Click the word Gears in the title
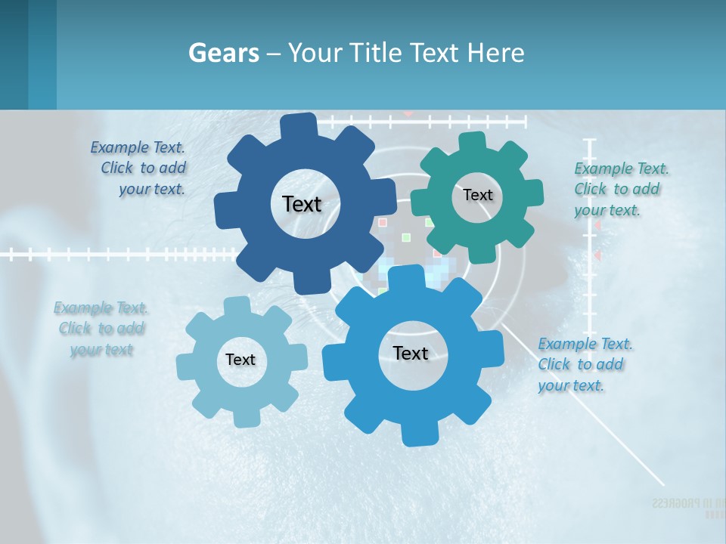224,53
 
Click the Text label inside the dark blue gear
302,204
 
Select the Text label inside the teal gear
477,195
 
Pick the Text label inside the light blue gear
240,360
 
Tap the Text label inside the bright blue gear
411,353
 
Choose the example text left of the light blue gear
101,329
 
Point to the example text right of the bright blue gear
582,364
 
